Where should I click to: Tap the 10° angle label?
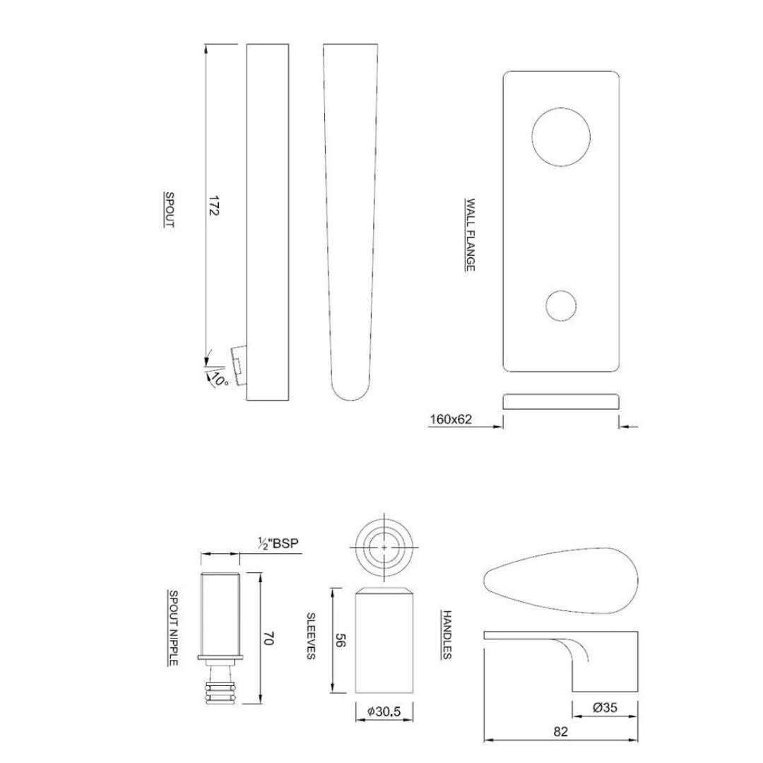pyautogui.click(x=218, y=379)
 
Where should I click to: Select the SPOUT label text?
pyautogui.click(x=170, y=209)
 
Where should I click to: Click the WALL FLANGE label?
pyautogui.click(x=469, y=234)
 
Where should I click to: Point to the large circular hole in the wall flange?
pyautogui.click(x=560, y=137)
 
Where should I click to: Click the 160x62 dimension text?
pyautogui.click(x=451, y=420)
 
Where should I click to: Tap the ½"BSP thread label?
pyautogui.click(x=278, y=543)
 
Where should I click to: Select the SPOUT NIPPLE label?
pyautogui.click(x=172, y=627)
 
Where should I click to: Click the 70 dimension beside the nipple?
pyautogui.click(x=267, y=638)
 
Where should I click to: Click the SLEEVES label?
pyautogui.click(x=310, y=636)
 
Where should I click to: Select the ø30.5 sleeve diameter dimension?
pyautogui.click(x=384, y=712)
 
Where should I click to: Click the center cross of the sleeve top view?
pyautogui.click(x=384, y=547)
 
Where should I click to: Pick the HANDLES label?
pyautogui.click(x=446, y=634)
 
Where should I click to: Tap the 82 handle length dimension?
pyautogui.click(x=560, y=732)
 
